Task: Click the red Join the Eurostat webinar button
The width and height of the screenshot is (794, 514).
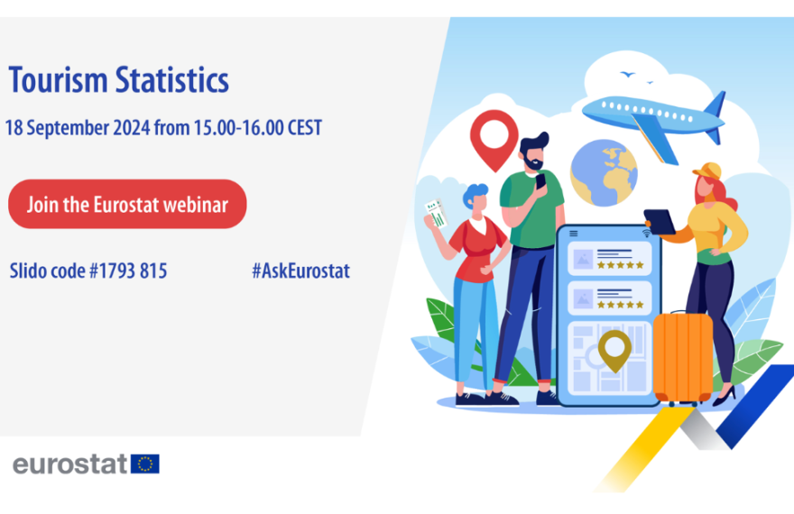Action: point(127,204)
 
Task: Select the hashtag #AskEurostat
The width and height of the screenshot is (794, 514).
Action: point(300,271)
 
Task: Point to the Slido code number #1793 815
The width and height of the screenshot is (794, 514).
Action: point(128,271)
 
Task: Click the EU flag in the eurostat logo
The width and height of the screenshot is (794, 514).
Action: point(145,464)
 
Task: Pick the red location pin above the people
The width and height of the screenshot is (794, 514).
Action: point(494,140)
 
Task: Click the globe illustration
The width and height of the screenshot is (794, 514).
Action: point(604,173)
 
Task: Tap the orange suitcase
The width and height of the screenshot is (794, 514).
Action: point(683,358)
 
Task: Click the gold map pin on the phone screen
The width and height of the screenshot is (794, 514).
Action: point(614,350)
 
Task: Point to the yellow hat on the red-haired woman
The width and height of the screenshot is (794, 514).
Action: point(708,171)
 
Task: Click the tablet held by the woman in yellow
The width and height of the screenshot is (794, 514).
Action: point(660,222)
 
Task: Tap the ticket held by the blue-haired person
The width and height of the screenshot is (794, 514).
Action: point(436,213)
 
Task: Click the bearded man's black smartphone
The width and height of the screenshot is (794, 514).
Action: point(540,181)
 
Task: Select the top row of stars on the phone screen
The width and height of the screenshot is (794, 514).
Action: point(621,264)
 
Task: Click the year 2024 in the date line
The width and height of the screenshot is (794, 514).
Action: point(131,127)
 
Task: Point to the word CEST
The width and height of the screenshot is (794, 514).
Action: point(305,127)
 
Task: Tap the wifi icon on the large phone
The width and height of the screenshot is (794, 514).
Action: point(646,234)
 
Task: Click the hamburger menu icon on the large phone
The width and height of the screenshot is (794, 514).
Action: point(574,234)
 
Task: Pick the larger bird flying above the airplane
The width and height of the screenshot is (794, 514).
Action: point(627,74)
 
